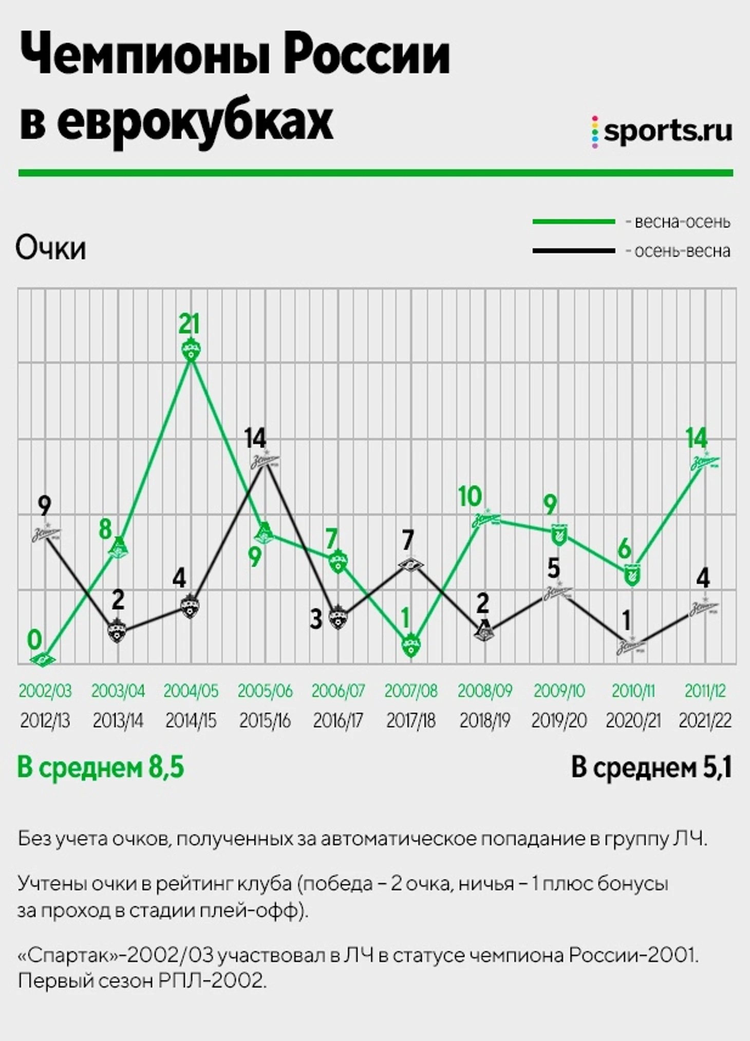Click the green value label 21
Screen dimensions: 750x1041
(189, 324)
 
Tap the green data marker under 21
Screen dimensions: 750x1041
(191, 350)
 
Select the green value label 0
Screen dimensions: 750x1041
(34, 640)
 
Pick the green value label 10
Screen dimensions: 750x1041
(470, 497)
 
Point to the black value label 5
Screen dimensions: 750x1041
(553, 568)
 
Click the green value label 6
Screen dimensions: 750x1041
(624, 549)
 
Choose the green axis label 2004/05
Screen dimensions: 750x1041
(191, 691)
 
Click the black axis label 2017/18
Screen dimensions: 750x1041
(411, 721)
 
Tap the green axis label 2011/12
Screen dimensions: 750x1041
(705, 691)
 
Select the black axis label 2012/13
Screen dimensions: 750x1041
(45, 721)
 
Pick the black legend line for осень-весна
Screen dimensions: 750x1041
(574, 251)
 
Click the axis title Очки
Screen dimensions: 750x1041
(51, 248)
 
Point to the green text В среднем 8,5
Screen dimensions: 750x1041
(101, 768)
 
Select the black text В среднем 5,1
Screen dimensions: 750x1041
(651, 768)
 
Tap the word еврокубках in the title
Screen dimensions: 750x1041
(195, 122)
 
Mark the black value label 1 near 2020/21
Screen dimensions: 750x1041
(626, 621)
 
